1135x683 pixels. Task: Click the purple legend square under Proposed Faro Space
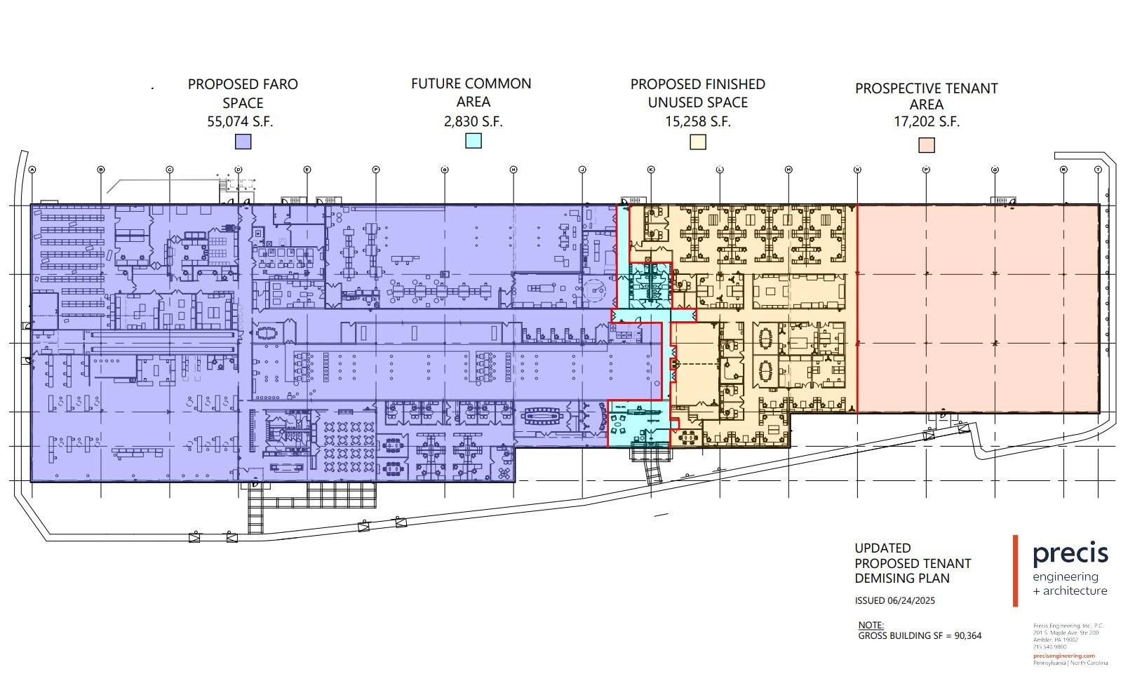(x=243, y=141)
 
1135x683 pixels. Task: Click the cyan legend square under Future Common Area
(x=474, y=140)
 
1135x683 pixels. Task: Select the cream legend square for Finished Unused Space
(x=698, y=141)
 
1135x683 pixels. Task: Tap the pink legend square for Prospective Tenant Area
(x=927, y=145)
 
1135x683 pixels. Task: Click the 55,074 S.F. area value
(x=240, y=121)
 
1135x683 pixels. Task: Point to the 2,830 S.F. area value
(x=473, y=121)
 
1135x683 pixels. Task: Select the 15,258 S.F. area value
(x=698, y=121)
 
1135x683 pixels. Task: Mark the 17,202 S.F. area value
(x=926, y=121)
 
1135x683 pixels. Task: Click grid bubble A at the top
(x=32, y=170)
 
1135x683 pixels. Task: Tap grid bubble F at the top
(x=376, y=170)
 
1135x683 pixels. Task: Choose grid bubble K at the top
(x=651, y=170)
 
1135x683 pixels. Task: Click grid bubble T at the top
(x=1099, y=170)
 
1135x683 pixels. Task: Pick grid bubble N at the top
(x=857, y=170)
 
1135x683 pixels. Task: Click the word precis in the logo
(x=1070, y=554)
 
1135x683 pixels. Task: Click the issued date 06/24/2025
(x=911, y=601)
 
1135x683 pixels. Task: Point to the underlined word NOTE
(x=871, y=625)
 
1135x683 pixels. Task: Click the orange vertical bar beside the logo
(x=1015, y=571)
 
